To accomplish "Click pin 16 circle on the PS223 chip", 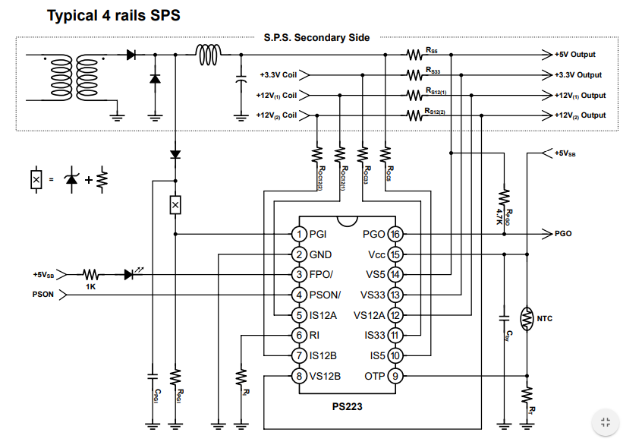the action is coord(395,234).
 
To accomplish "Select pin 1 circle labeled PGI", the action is coord(299,234).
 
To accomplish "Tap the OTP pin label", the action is coord(375,376).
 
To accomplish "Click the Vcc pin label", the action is coord(376,254).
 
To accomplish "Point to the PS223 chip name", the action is coord(348,406).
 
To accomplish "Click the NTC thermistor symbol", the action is coord(527,319).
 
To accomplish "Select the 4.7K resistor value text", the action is coord(499,216).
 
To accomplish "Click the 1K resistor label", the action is coord(90,286).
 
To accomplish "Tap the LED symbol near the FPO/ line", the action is coord(131,273).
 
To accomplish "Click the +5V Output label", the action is coord(575,55).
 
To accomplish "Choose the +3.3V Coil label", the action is coord(278,75).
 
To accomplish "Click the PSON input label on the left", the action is coord(43,295).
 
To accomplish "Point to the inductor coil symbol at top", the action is coord(209,55).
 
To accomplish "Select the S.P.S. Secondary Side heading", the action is coord(316,38).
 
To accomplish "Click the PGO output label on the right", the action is coord(563,234).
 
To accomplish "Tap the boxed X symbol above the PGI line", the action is coord(175,205).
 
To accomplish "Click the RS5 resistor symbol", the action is coord(414,55).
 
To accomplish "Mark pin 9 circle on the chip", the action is coord(395,376).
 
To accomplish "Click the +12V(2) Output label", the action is coord(580,115).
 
